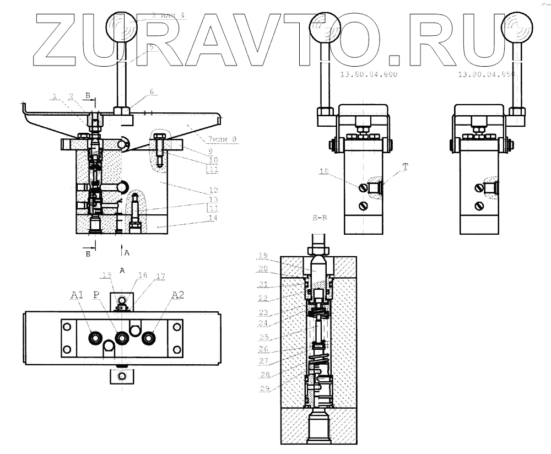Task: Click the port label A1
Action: click(77, 295)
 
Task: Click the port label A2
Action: click(177, 295)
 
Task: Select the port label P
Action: click(97, 295)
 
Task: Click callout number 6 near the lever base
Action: click(153, 93)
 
